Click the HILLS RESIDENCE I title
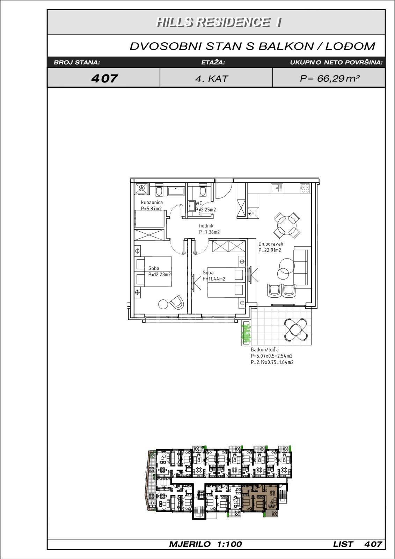pyautogui.click(x=219, y=22)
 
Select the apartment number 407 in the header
pyautogui.click(x=104, y=78)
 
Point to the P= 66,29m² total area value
pyautogui.click(x=330, y=79)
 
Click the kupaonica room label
pyautogui.click(x=152, y=202)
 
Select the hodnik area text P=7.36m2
pyautogui.click(x=209, y=232)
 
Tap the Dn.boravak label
pyautogui.click(x=271, y=244)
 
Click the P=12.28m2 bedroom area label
pyautogui.click(x=160, y=275)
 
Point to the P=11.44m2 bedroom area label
pyautogui.click(x=214, y=279)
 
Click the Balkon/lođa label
pyautogui.click(x=265, y=350)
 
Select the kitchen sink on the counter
pyautogui.click(x=277, y=188)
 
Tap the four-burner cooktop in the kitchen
pyautogui.click(x=305, y=188)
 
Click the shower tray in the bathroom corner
pyautogui.click(x=141, y=188)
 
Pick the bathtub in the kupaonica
pyautogui.click(x=176, y=191)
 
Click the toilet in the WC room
pyautogui.click(x=203, y=190)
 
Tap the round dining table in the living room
pyautogui.click(x=287, y=225)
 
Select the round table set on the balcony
pyautogui.click(x=296, y=329)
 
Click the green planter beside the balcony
pyautogui.click(x=246, y=333)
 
